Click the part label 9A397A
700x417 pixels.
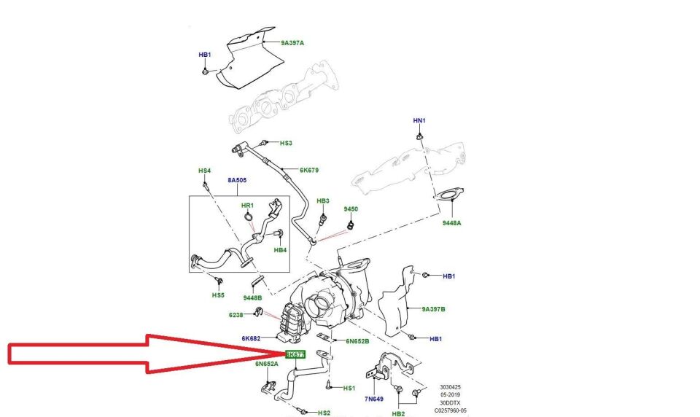(x=292, y=43)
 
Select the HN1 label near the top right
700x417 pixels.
(x=419, y=120)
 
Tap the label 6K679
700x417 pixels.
(x=309, y=171)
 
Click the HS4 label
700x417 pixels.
(x=204, y=171)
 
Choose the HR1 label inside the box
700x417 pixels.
(x=247, y=206)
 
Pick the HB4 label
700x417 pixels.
(x=281, y=250)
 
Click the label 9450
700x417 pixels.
(x=351, y=209)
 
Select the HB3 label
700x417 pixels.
(x=323, y=200)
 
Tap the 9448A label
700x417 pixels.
(x=451, y=224)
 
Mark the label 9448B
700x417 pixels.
(x=252, y=297)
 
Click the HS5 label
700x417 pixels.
(x=218, y=295)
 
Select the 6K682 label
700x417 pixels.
(x=252, y=339)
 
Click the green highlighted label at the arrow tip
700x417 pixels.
(x=295, y=354)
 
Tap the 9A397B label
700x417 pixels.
(x=433, y=309)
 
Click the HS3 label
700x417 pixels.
(x=286, y=144)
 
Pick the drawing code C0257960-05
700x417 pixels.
(x=451, y=410)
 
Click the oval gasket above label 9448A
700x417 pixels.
(x=444, y=195)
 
